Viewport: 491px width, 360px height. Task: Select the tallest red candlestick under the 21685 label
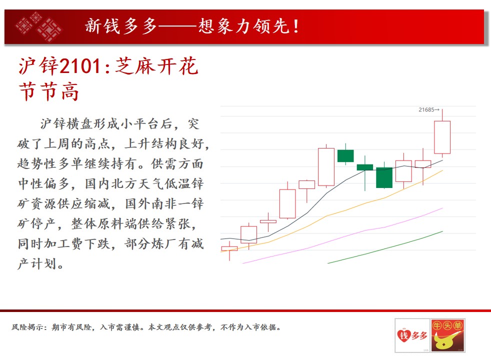pyautogui.click(x=442, y=137)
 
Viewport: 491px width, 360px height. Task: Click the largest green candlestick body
pyautogui.click(x=384, y=177)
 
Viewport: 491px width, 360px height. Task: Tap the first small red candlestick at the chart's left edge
pyautogui.click(x=229, y=249)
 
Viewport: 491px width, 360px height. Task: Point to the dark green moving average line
pyautogui.click(x=385, y=248)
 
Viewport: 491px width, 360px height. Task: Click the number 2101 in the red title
pyautogui.click(x=80, y=66)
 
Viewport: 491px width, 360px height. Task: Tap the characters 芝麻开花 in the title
pyautogui.click(x=156, y=66)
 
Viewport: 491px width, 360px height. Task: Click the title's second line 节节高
pyautogui.click(x=48, y=91)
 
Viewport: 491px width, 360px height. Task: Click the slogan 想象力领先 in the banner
pyautogui.click(x=244, y=26)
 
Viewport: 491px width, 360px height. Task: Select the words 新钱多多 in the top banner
pyautogui.click(x=120, y=26)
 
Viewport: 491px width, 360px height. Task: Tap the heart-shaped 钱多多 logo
pyautogui.click(x=412, y=335)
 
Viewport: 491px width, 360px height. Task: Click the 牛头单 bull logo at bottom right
pyautogui.click(x=447, y=335)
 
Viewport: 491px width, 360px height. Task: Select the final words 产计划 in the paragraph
pyautogui.click(x=37, y=264)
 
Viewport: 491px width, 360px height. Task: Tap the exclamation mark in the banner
pyautogui.click(x=296, y=26)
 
